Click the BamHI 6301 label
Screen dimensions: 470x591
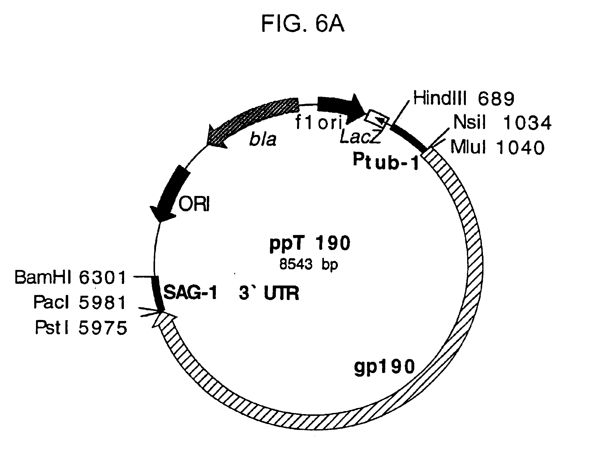[x=70, y=277]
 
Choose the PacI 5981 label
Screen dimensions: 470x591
[x=79, y=302]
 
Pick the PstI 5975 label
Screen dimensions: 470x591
[x=81, y=328]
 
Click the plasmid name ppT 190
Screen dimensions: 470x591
[x=310, y=243]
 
